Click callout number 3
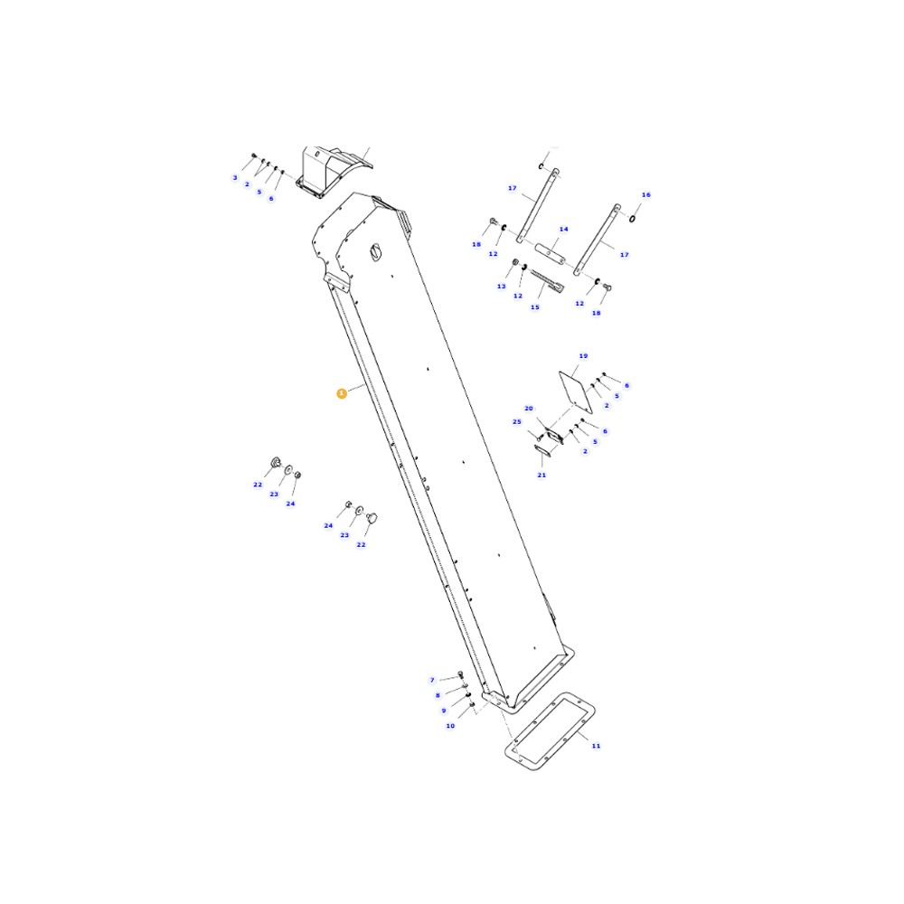[235, 178]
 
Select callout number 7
[432, 680]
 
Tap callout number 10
[450, 726]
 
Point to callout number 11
[596, 746]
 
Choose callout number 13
[502, 287]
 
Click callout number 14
[563, 230]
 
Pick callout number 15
[535, 307]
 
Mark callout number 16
[645, 195]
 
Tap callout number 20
[529, 409]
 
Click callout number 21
[541, 475]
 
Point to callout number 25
[517, 422]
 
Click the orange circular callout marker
[341, 393]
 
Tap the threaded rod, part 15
[548, 282]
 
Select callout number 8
[438, 695]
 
